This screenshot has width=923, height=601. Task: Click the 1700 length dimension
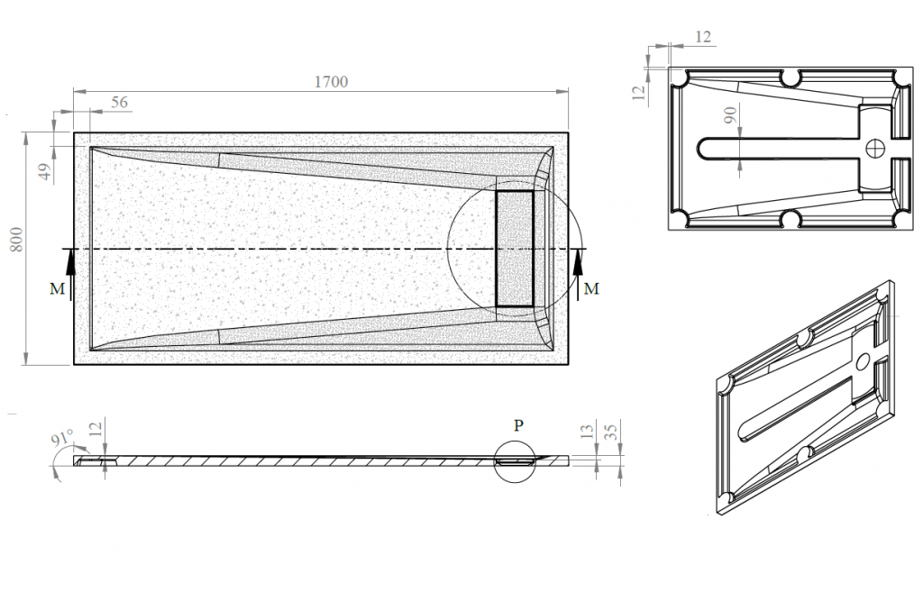pyautogui.click(x=331, y=82)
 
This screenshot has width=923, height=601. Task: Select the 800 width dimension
pyautogui.click(x=16, y=239)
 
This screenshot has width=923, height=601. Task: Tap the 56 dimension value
pyautogui.click(x=119, y=102)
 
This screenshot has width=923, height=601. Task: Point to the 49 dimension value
pyautogui.click(x=45, y=172)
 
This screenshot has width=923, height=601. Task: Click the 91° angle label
pyautogui.click(x=62, y=439)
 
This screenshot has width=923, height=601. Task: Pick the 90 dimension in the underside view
pyautogui.click(x=730, y=114)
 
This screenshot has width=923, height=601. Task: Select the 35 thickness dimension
pyautogui.click(x=611, y=432)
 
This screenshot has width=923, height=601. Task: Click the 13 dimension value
pyautogui.click(x=587, y=432)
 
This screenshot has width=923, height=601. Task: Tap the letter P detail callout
pyautogui.click(x=518, y=425)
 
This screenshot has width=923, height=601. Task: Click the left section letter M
pyautogui.click(x=57, y=288)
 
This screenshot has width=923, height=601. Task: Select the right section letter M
pyautogui.click(x=591, y=288)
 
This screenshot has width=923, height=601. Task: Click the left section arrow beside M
pyautogui.click(x=70, y=274)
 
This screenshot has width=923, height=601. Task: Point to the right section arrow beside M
pyautogui.click(x=578, y=274)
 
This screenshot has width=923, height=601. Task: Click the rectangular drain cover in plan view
pyautogui.click(x=515, y=249)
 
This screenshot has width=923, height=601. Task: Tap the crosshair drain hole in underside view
pyautogui.click(x=875, y=147)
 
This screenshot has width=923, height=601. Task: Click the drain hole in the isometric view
pyautogui.click(x=863, y=360)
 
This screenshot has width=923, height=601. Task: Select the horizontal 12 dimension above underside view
pyautogui.click(x=703, y=37)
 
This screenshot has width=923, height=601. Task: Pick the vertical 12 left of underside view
pyautogui.click(x=639, y=91)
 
